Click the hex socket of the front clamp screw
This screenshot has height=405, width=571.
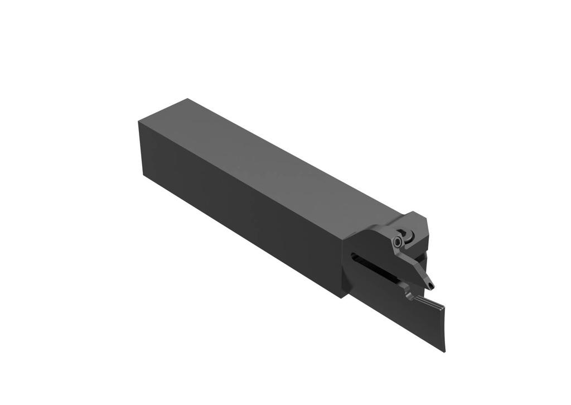pos(396,243)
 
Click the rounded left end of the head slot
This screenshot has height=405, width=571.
pos(354,256)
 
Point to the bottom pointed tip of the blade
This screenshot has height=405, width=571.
pos(444,351)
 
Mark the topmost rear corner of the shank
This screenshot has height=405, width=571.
pos(188,99)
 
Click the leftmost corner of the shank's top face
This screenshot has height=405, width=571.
pos(138,122)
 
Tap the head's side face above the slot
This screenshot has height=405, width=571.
pos(368,240)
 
